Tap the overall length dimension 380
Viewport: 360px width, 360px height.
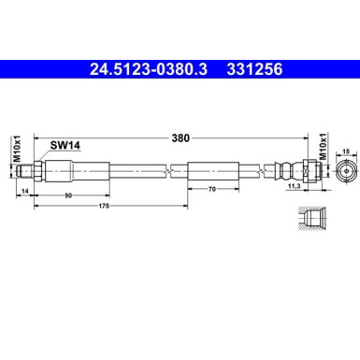tap(180, 138)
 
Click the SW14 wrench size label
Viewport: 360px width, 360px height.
tap(64, 146)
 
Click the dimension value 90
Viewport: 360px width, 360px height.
tap(68, 196)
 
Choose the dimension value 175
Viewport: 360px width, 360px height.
tap(108, 208)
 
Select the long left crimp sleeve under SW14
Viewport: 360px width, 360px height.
tap(84, 172)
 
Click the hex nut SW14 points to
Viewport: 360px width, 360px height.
tap(52, 172)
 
